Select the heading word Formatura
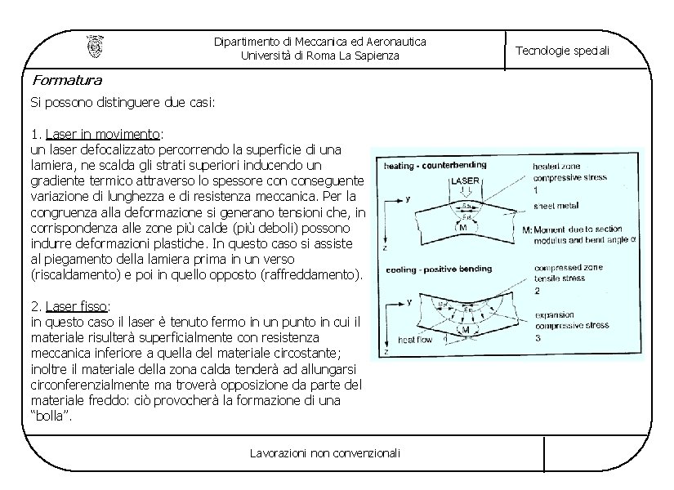pyautogui.click(x=67, y=80)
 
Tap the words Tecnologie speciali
pyautogui.click(x=562, y=51)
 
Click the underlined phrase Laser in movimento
pyautogui.click(x=104, y=134)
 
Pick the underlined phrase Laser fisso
pyautogui.click(x=76, y=306)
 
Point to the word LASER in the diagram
pyautogui.click(x=465, y=180)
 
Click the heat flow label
pyautogui.click(x=415, y=339)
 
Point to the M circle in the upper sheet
pyautogui.click(x=462, y=228)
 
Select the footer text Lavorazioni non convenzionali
pyautogui.click(x=325, y=452)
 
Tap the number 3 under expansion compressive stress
pyautogui.click(x=537, y=336)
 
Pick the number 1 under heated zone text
pyautogui.click(x=537, y=189)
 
